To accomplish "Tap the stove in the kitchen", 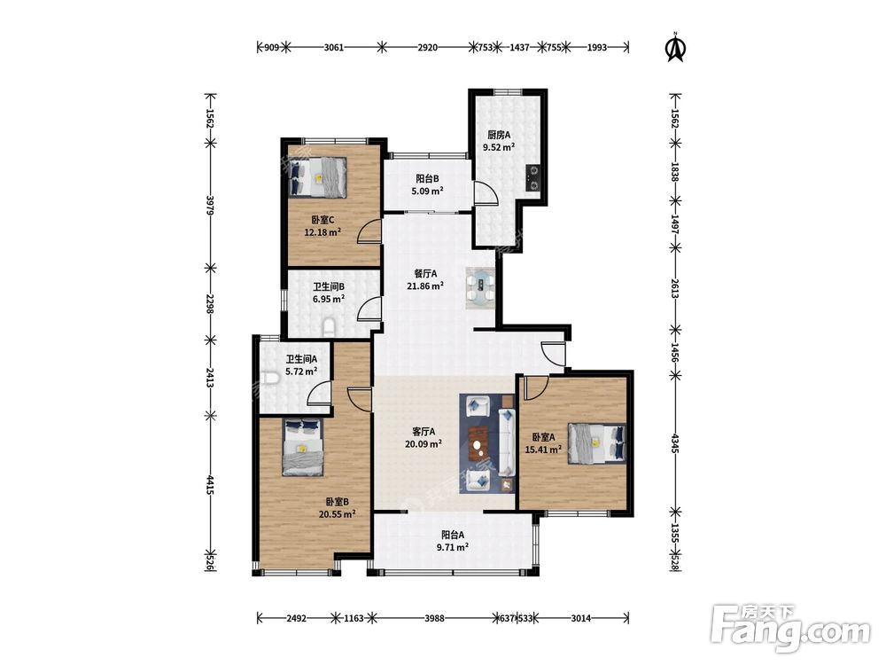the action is coord(532,177).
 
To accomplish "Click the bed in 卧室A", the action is coord(597,443).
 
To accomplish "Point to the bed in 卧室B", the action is coord(303,447).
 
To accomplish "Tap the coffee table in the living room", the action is coord(479,442).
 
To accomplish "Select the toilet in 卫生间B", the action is coord(329,327).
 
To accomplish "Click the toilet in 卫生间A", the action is coord(270,378).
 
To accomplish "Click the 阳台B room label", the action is coord(427,179).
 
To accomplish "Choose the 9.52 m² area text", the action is coord(498,147).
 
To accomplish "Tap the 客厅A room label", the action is coord(424,432).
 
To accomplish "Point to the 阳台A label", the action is coord(453,535).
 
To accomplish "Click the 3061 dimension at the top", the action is coord(333,48).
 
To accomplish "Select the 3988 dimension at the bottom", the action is coord(434,618).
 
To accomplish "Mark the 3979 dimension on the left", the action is coord(210,206).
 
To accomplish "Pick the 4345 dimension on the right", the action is coord(674,442).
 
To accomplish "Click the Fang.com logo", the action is coord(792,628).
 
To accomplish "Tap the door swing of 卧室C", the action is coord(369,231).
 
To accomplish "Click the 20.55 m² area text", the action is coord(338,514).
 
